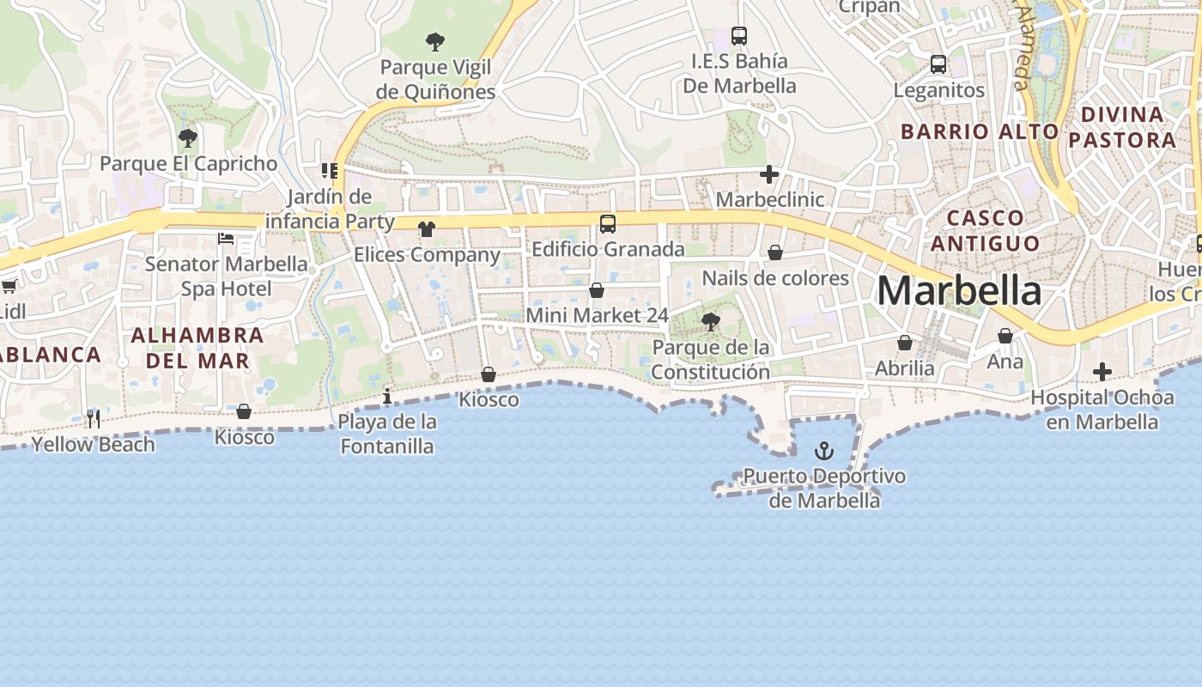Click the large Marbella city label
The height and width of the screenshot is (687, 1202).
click(959, 291)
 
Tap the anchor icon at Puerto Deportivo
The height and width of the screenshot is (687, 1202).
click(824, 450)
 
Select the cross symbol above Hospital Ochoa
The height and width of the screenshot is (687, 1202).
click(1102, 372)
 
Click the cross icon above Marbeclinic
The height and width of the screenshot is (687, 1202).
click(769, 175)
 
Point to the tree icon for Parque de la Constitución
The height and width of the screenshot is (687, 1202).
click(710, 322)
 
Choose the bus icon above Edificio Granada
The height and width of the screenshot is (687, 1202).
click(608, 224)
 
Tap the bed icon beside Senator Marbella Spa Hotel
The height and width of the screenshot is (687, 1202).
click(226, 238)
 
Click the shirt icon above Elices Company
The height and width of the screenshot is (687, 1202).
click(427, 229)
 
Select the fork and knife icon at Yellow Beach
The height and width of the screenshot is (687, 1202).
click(94, 419)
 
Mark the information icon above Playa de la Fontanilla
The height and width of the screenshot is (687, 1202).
click(387, 396)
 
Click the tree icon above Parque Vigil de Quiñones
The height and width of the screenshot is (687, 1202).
click(435, 41)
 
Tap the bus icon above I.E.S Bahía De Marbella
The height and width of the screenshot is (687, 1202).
click(739, 36)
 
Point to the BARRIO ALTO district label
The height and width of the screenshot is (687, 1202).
click(980, 131)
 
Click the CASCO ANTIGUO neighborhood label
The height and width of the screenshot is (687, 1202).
click(985, 230)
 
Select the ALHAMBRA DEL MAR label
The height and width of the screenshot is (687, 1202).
click(197, 347)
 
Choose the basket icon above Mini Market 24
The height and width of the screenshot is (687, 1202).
click(597, 290)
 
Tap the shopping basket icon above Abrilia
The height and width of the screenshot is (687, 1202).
click(905, 343)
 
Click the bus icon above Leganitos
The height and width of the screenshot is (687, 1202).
click(938, 64)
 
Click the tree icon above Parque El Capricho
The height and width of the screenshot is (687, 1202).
click(188, 137)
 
